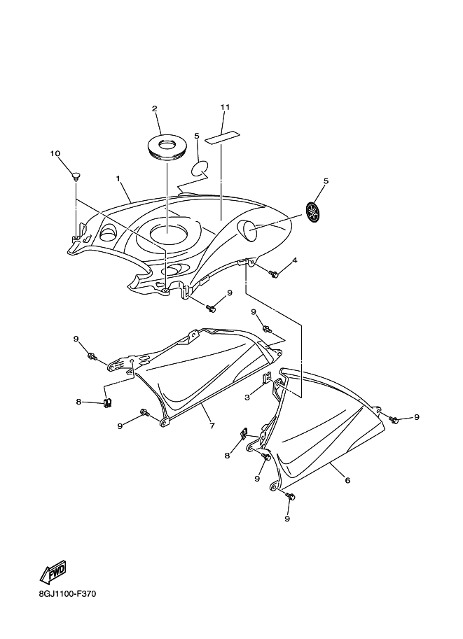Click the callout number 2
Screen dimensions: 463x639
pyautogui.click(x=155, y=108)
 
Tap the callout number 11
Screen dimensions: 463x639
pyautogui.click(x=225, y=107)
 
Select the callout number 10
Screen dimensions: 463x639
pyautogui.click(x=55, y=153)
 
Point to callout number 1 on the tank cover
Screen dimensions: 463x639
pyautogui.click(x=118, y=178)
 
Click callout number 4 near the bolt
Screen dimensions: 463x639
pyautogui.click(x=294, y=260)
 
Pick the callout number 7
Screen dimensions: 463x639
pyautogui.click(x=212, y=426)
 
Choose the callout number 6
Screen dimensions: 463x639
pyautogui.click(x=347, y=480)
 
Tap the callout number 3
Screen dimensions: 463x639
pyautogui.click(x=247, y=398)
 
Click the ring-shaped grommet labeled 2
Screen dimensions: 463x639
pyautogui.click(x=167, y=146)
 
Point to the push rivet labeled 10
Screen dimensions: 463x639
pyautogui.click(x=76, y=176)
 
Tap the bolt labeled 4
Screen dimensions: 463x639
pyautogui.click(x=274, y=274)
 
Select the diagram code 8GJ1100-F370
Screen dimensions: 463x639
pyautogui.click(x=67, y=594)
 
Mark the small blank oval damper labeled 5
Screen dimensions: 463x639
pyautogui.click(x=200, y=168)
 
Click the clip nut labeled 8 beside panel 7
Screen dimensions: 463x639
pyautogui.click(x=108, y=402)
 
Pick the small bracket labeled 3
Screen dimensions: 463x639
pyautogui.click(x=268, y=379)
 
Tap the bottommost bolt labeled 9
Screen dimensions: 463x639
pyautogui.click(x=291, y=496)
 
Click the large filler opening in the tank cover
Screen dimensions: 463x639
pyautogui.click(x=169, y=233)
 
